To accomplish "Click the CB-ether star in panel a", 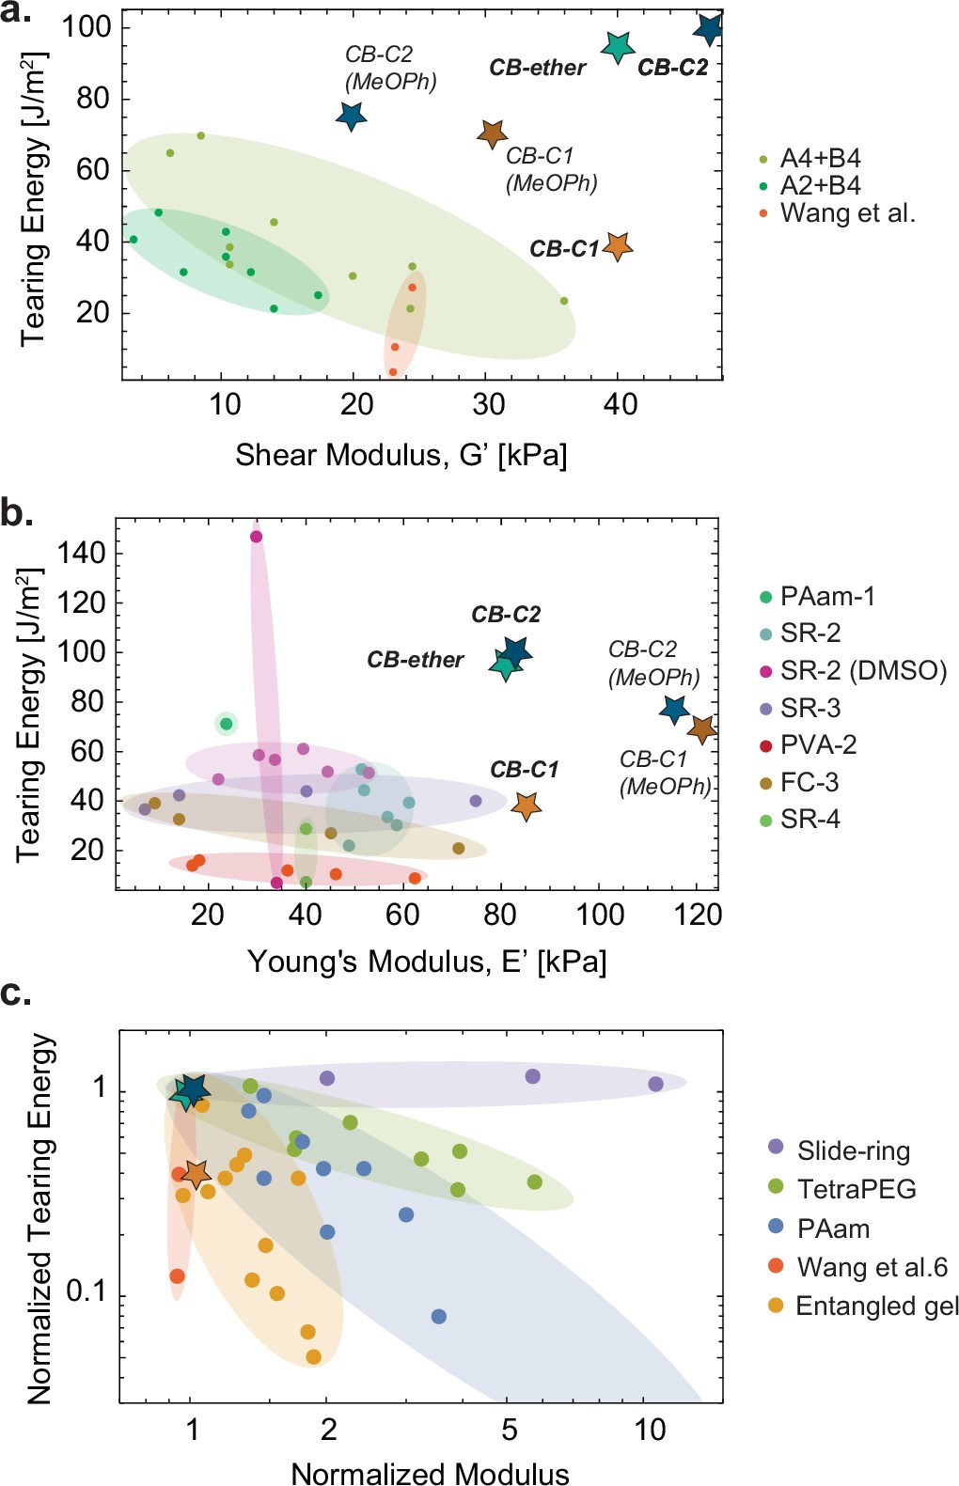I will [x=617, y=45].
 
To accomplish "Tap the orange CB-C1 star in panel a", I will [x=617, y=246].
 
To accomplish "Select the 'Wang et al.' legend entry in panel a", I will [x=846, y=213].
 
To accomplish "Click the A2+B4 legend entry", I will [x=819, y=185].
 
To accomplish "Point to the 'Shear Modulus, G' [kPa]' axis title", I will [x=401, y=455].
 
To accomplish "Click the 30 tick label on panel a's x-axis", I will [x=488, y=405].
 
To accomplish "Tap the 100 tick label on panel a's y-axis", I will [x=86, y=26].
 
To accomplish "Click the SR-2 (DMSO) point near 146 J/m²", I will [x=256, y=537].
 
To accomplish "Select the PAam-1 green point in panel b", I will [x=226, y=724].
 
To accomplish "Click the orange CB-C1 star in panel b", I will [x=526, y=806].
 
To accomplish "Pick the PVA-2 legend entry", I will [x=817, y=745].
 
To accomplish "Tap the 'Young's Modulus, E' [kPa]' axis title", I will [x=427, y=962].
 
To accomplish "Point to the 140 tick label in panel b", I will [x=81, y=553].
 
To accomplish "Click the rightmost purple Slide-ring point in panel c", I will [x=655, y=1084].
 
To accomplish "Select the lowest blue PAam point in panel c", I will [x=438, y=1316].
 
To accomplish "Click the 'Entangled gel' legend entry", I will [x=875, y=1306].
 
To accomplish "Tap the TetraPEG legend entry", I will [x=856, y=1189].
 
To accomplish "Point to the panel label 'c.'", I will [x=16, y=993].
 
